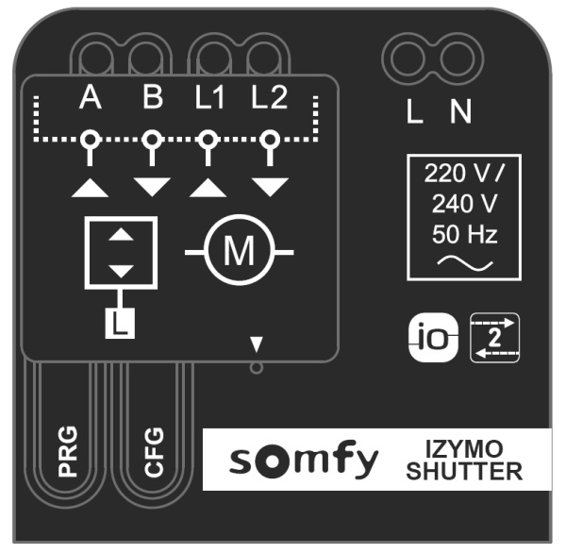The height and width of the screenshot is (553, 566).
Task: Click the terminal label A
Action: point(91,97)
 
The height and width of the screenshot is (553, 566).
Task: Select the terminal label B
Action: point(153,97)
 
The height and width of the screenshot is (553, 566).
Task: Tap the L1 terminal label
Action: point(209,97)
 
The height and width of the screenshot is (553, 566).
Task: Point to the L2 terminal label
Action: point(270,97)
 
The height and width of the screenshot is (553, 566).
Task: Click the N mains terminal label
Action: point(460,111)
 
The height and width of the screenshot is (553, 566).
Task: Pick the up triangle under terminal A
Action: point(90,188)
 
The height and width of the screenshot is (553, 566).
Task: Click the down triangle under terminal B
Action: point(152,187)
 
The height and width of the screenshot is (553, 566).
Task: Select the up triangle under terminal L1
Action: point(208,188)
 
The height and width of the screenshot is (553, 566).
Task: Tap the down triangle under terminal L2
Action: point(270,187)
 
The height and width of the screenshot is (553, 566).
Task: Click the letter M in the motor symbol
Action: point(239,250)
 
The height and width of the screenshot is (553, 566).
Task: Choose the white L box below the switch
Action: point(120,324)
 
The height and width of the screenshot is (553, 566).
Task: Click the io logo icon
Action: point(434,338)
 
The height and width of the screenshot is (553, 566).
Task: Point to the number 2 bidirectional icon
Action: point(495,338)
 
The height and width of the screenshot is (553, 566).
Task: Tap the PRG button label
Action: point(68,451)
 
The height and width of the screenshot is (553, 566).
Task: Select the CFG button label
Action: point(154,451)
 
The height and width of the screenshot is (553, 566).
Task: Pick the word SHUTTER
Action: point(464,471)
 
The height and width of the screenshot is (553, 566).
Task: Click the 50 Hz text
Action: point(464,234)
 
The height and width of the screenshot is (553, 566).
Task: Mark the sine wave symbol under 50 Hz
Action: point(465,263)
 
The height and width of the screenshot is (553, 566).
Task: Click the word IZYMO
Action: point(464,449)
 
